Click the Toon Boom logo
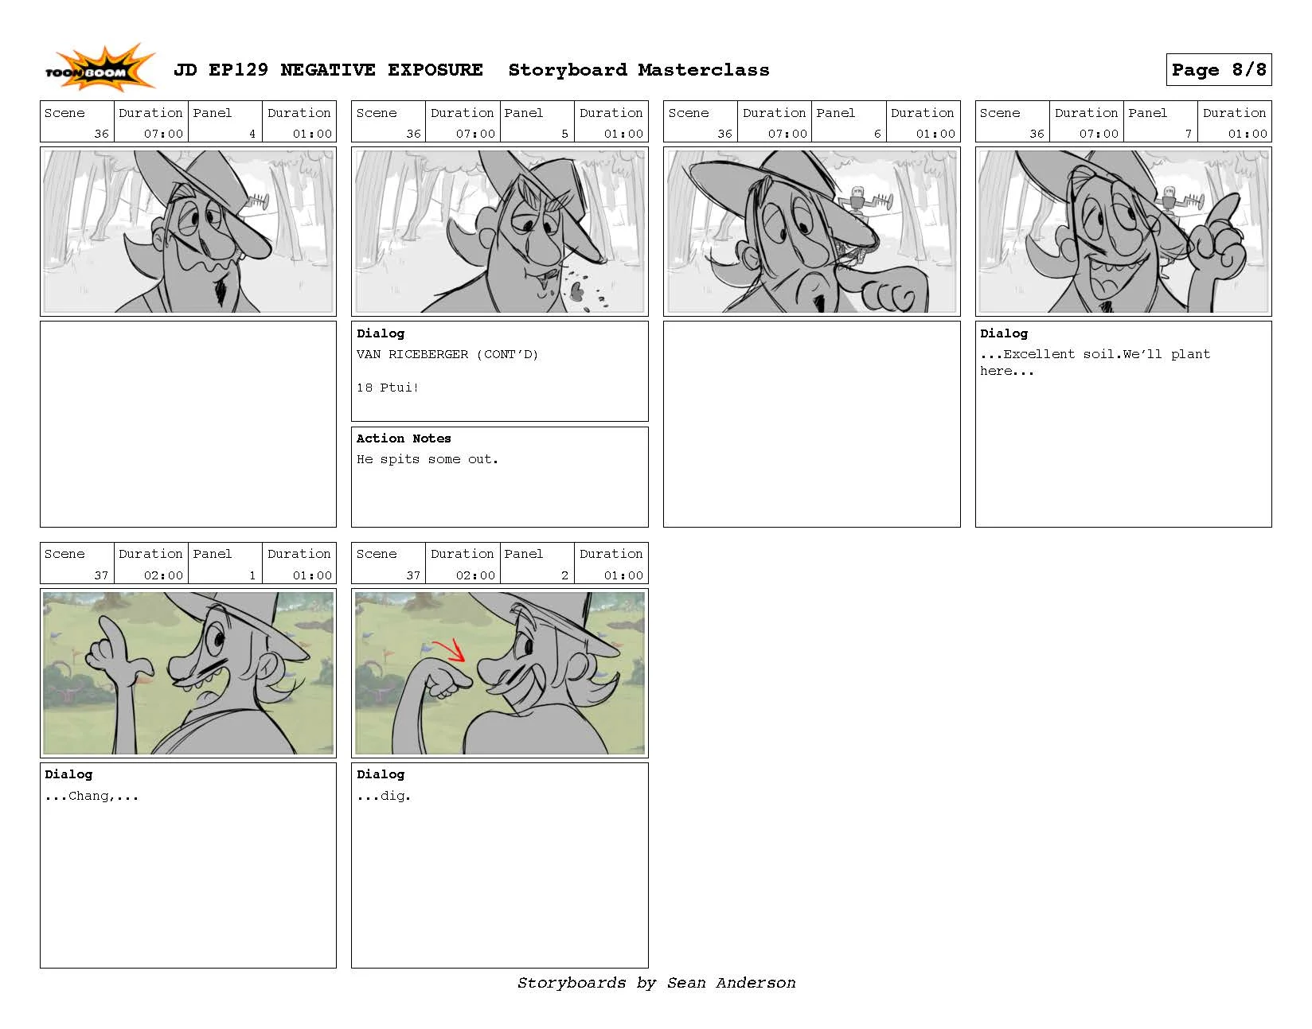tap(99, 69)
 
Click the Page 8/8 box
tap(1217, 69)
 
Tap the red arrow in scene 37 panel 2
tap(450, 649)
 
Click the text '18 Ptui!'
tap(387, 388)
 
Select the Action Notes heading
tap(403, 438)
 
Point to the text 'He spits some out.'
tap(427, 459)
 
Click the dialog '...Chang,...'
tap(92, 796)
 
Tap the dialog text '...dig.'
tap(383, 796)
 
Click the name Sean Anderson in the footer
tap(730, 983)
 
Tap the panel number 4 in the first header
tap(252, 134)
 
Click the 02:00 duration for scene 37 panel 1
tap(163, 575)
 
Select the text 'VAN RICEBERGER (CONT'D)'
tap(447, 354)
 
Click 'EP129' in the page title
tap(238, 70)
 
